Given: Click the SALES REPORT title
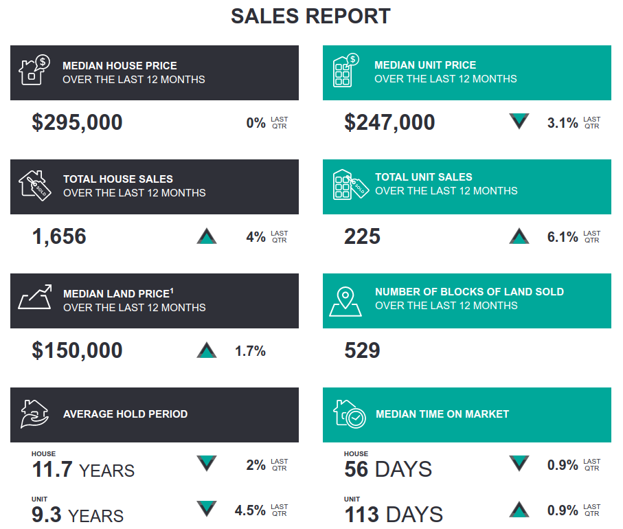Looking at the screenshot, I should [x=310, y=16].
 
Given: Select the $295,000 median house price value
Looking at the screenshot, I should [x=77, y=122].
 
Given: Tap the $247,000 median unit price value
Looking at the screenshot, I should [x=389, y=122].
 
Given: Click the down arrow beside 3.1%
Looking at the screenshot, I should [x=519, y=122].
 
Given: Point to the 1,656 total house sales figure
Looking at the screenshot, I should [x=59, y=236].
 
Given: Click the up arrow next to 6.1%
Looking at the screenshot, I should [x=519, y=236].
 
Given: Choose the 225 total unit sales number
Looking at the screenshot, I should [x=362, y=236].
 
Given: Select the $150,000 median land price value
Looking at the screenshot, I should [x=77, y=350].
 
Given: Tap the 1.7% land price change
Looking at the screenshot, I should [x=250, y=351].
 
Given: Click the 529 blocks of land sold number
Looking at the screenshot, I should [x=362, y=350].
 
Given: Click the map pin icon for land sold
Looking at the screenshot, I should [x=345, y=300].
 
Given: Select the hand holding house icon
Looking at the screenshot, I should [x=34, y=414].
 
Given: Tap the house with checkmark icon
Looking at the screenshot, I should [x=349, y=414].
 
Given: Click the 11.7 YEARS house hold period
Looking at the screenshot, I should [x=83, y=471].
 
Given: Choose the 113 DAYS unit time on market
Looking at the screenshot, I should [x=393, y=515].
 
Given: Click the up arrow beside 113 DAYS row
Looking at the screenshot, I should [x=519, y=510].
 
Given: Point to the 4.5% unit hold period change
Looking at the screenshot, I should [x=250, y=510].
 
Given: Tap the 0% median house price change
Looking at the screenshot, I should [x=256, y=123].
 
